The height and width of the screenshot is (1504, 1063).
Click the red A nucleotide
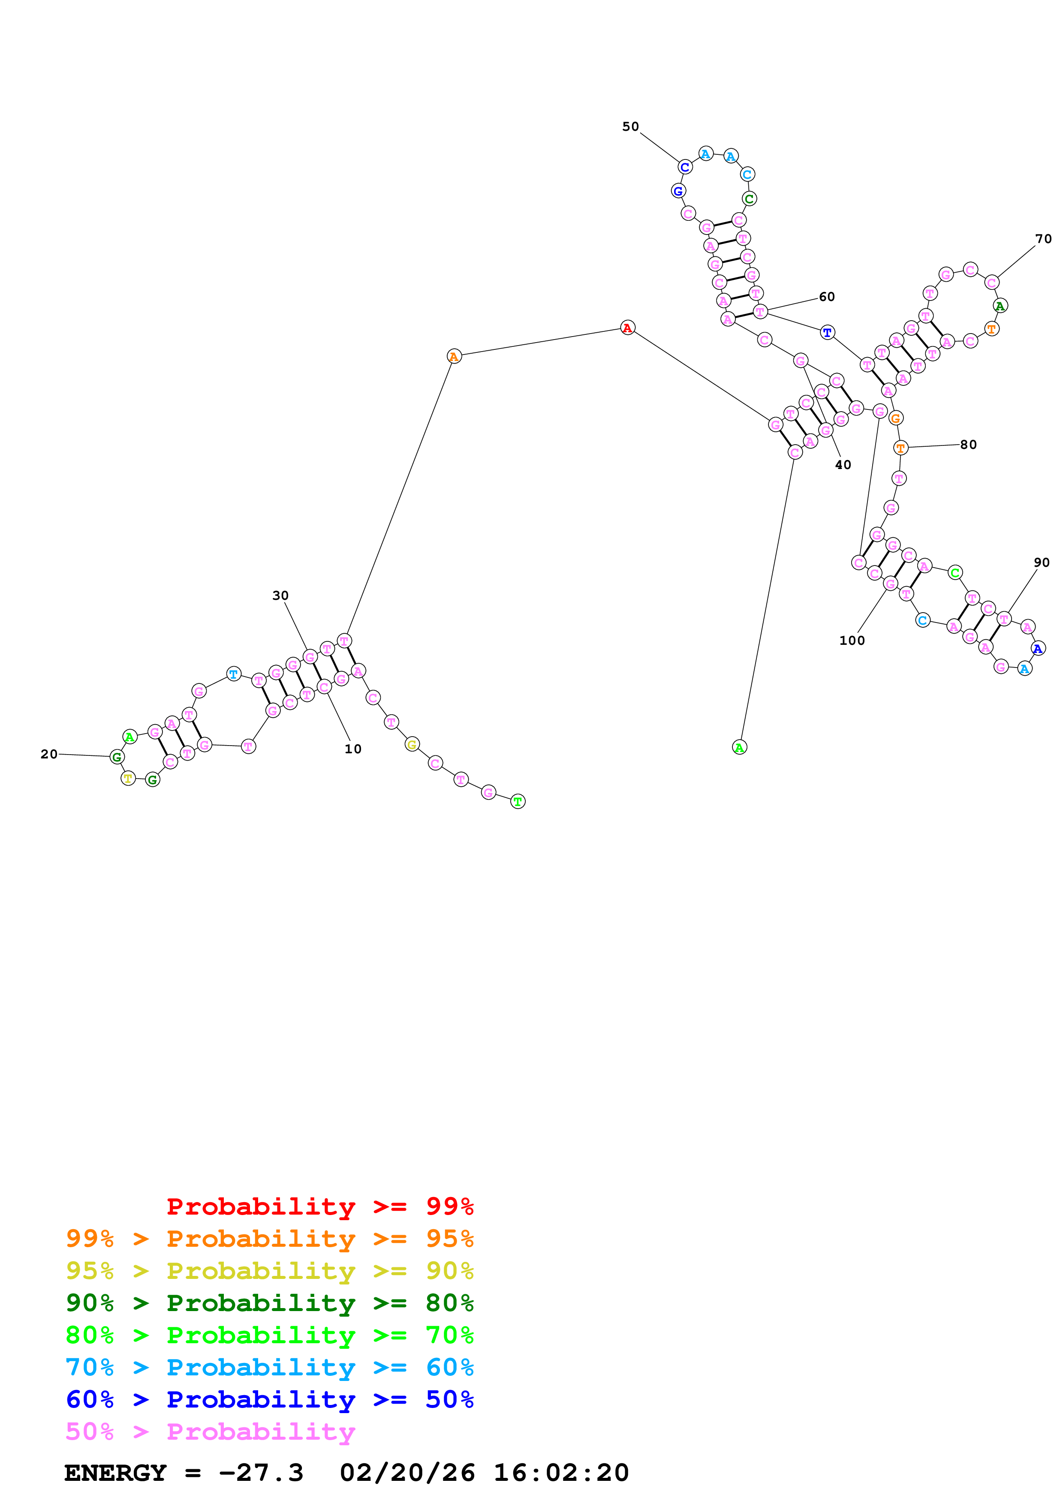627,328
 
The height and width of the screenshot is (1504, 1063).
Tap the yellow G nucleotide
411,744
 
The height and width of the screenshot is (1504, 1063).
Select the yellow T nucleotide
128,778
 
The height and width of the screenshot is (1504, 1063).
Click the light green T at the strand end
518,801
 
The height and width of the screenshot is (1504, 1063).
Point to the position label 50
630,126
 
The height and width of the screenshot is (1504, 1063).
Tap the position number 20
49,754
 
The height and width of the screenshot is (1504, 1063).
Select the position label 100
852,641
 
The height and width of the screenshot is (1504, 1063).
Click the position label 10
353,749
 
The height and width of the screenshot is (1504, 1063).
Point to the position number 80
968,445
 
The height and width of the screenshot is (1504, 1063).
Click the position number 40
843,464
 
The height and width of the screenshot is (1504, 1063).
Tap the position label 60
827,297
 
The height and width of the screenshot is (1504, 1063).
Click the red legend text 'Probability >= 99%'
319,1206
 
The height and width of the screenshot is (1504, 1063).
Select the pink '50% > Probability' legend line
210,1431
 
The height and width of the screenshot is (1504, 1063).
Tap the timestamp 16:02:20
560,1473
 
